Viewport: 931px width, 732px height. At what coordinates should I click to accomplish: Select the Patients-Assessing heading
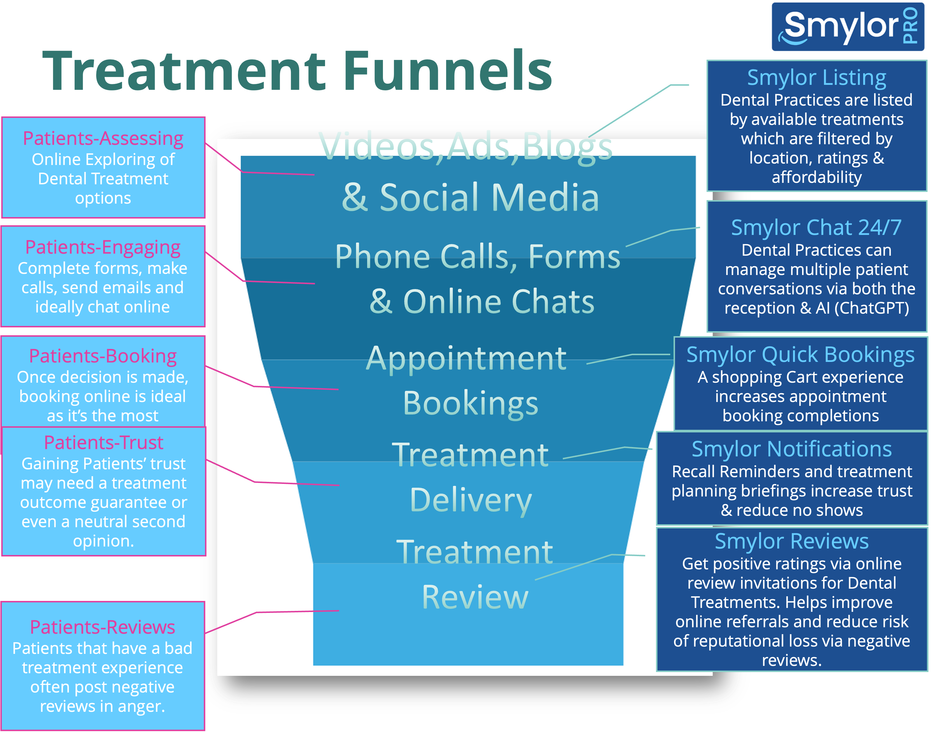103,138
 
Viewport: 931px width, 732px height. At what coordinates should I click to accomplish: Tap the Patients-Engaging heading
103,247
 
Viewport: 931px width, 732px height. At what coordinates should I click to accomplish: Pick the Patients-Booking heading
103,356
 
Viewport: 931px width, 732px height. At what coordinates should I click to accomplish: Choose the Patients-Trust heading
104,442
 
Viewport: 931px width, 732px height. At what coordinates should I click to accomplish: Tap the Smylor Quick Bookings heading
800,355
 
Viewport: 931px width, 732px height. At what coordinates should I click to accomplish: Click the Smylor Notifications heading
792,449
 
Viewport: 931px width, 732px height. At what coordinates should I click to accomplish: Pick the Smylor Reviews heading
792,541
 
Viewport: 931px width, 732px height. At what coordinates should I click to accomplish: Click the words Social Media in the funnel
490,197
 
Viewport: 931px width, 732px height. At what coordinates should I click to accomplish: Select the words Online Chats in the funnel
499,301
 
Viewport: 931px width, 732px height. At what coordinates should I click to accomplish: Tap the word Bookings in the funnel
471,404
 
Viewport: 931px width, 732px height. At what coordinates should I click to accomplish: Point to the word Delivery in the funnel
471,500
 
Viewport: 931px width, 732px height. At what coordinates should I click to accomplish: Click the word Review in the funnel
475,597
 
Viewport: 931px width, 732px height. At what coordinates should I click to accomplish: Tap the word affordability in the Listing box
817,177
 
